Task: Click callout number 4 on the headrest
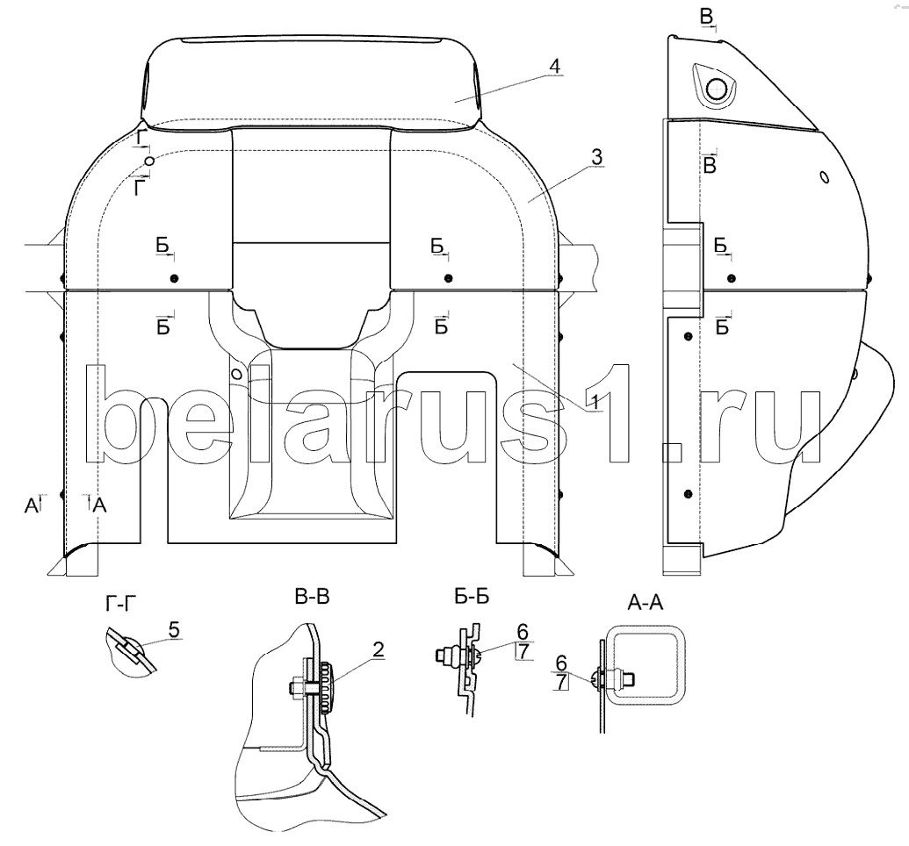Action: (x=555, y=67)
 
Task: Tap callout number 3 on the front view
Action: (x=596, y=157)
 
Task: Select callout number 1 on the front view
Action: (x=592, y=401)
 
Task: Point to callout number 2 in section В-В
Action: (x=378, y=650)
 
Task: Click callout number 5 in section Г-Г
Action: (x=174, y=628)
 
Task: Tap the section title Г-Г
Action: (x=121, y=604)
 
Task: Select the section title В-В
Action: (x=312, y=597)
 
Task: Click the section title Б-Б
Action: (x=472, y=597)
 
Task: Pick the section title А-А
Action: (x=646, y=603)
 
